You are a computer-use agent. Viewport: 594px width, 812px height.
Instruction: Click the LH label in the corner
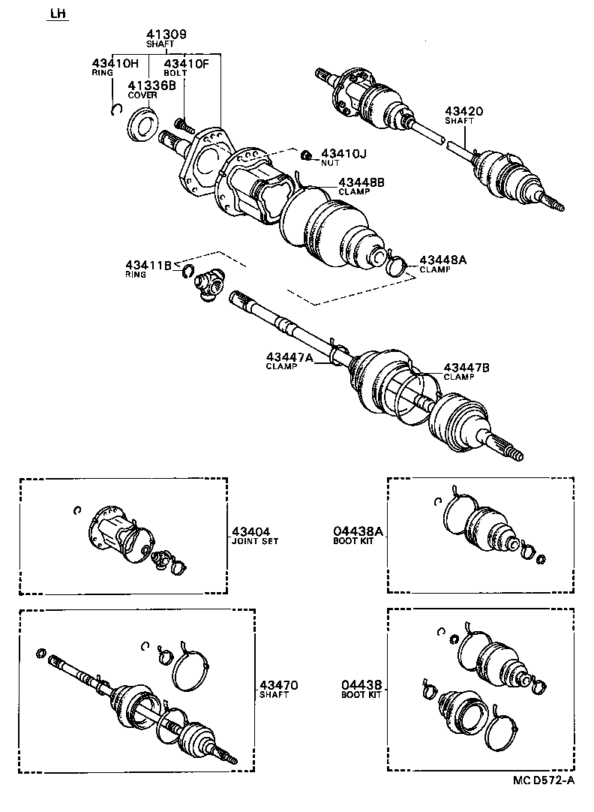click(57, 14)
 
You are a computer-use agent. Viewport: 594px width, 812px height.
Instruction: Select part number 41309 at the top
click(166, 35)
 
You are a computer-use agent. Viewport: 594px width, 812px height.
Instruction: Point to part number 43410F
click(186, 63)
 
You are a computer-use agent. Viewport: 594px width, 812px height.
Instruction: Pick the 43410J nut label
click(343, 154)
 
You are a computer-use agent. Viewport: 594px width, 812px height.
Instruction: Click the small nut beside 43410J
click(306, 155)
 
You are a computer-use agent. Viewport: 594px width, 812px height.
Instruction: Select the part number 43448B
click(361, 182)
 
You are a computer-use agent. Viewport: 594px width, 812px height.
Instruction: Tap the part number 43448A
click(442, 260)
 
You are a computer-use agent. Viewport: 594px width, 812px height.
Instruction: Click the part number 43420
click(463, 111)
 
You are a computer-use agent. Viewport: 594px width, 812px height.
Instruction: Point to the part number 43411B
click(148, 265)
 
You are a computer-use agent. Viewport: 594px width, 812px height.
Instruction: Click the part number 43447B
click(466, 367)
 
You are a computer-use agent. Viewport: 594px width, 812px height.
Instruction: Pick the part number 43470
click(279, 685)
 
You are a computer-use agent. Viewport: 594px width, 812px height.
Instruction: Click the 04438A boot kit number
click(358, 531)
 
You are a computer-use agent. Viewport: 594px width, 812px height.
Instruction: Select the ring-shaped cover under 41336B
click(142, 123)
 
